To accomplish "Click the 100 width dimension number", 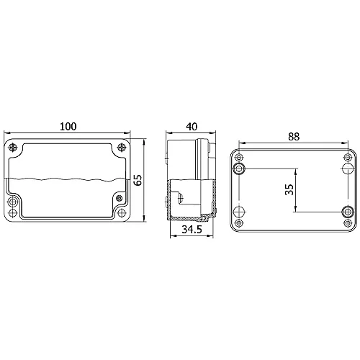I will click(68, 127).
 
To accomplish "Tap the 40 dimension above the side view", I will click(191, 127).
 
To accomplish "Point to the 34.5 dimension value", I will click(190, 230).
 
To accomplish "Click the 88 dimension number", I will click(295, 135).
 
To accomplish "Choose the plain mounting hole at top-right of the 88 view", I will click(347, 168).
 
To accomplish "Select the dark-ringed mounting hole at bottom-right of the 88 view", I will click(347, 212).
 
